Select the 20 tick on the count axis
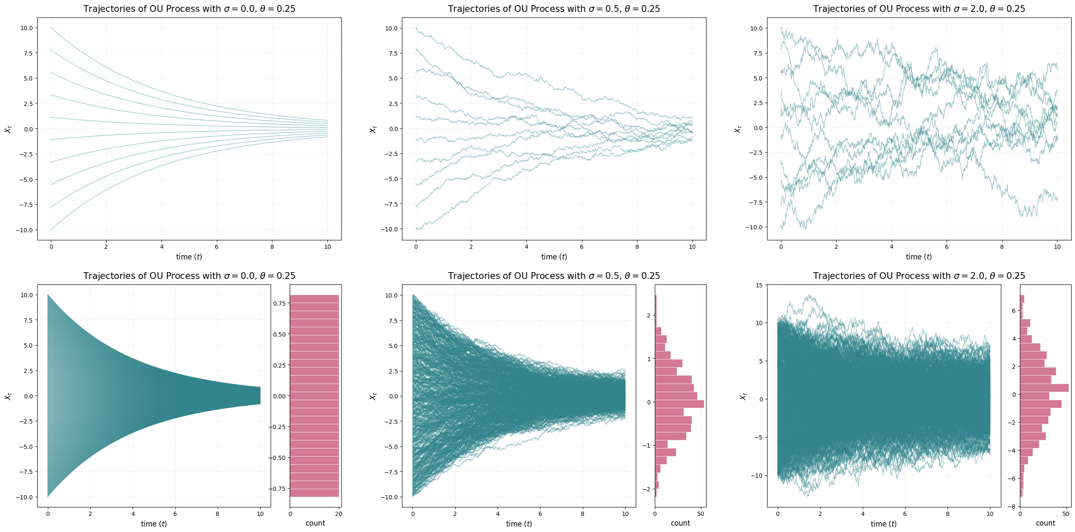click(x=339, y=514)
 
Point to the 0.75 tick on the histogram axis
click(x=279, y=304)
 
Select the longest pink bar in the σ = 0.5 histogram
click(x=679, y=404)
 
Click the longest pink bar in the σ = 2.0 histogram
click(x=1044, y=387)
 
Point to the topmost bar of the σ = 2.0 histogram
click(x=1022, y=299)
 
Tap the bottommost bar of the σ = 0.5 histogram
click(x=656, y=493)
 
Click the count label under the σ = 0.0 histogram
click(x=315, y=523)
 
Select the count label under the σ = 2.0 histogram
click(x=1045, y=523)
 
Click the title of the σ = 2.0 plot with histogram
click(x=919, y=276)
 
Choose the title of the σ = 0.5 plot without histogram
click(x=554, y=9)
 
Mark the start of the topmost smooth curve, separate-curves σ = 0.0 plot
click(x=51, y=28)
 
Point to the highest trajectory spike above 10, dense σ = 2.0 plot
click(x=810, y=295)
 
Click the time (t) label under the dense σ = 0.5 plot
click(x=519, y=524)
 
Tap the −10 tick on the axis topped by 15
click(x=756, y=476)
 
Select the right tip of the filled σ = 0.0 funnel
click(x=260, y=396)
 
